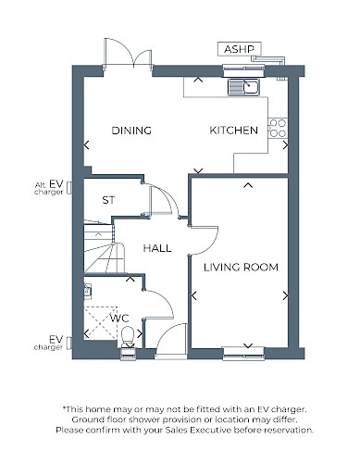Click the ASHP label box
pyautogui.click(x=240, y=49)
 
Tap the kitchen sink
pyautogui.click(x=244, y=87)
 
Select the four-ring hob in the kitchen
pyautogui.click(x=278, y=128)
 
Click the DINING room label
pyautogui.click(x=131, y=131)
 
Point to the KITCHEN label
pyautogui.click(x=234, y=131)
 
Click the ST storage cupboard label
pyautogui.click(x=108, y=200)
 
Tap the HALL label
pyautogui.click(x=157, y=248)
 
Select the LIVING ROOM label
pyautogui.click(x=241, y=267)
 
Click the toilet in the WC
pyautogui.click(x=128, y=338)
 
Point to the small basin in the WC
pyautogui.click(x=88, y=291)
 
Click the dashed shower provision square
pyautogui.click(x=101, y=323)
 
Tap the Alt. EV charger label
pyautogui.click(x=49, y=188)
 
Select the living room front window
pyautogui.click(x=243, y=354)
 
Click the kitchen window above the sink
pyautogui.click(x=244, y=71)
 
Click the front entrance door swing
pyautogui.click(x=171, y=341)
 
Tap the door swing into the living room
pyautogui.click(x=205, y=241)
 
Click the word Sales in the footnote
pyautogui.click(x=177, y=430)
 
